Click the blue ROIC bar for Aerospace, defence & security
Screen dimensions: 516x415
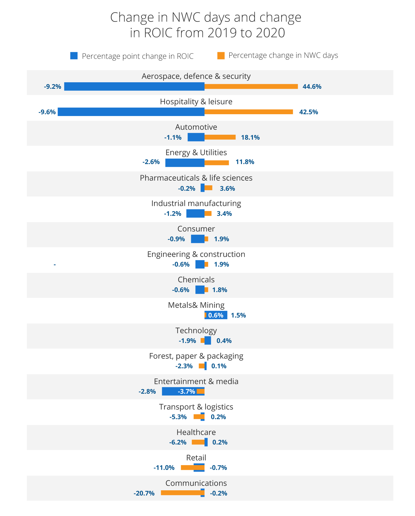click(134, 86)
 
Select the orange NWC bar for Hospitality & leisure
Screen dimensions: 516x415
click(248, 112)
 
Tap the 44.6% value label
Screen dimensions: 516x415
click(312, 87)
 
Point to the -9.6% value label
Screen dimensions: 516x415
click(47, 112)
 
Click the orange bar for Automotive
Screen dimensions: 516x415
click(220, 137)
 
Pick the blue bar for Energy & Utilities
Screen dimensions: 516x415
click(185, 163)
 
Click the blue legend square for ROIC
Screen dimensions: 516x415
click(74, 56)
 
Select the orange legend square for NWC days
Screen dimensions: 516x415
click(221, 56)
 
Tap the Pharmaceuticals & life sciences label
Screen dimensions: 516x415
click(196, 178)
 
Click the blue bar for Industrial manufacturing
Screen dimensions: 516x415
click(195, 214)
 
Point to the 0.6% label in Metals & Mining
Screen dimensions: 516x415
click(216, 315)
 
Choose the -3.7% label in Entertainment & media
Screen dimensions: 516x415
click(186, 391)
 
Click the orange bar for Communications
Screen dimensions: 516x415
click(181, 493)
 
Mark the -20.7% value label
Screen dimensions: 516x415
click(144, 493)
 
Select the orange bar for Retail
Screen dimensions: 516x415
click(187, 467)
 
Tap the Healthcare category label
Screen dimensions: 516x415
click(196, 432)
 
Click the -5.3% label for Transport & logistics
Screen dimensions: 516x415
click(178, 417)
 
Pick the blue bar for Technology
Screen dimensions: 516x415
click(208, 341)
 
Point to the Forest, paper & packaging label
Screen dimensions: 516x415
click(196, 356)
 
